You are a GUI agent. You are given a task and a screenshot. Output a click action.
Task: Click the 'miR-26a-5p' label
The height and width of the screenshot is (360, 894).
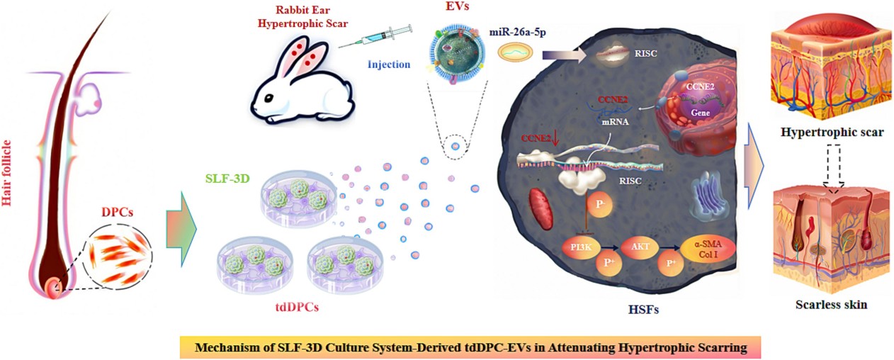[x=516, y=33]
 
